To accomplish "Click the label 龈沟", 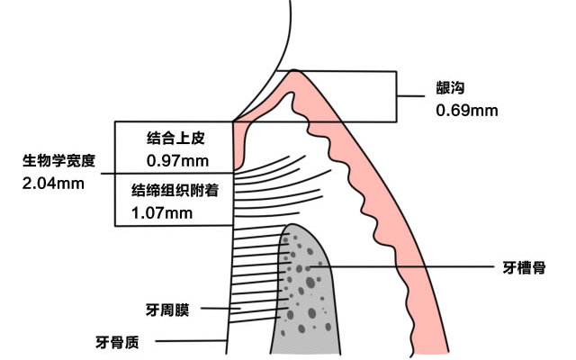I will pyautogui.click(x=450, y=88).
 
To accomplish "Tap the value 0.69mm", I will pyautogui.click(x=466, y=110).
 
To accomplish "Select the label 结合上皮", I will pyautogui.click(x=176, y=139).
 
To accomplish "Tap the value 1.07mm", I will pyautogui.click(x=162, y=212).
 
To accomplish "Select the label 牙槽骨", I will pyautogui.click(x=522, y=267).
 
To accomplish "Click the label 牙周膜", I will pyautogui.click(x=166, y=310).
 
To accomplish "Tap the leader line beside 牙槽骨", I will pyautogui.click(x=405, y=267).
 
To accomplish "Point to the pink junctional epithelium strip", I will pyautogui.click(x=240, y=144).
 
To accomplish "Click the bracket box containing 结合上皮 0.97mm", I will pyautogui.click(x=126, y=148).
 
